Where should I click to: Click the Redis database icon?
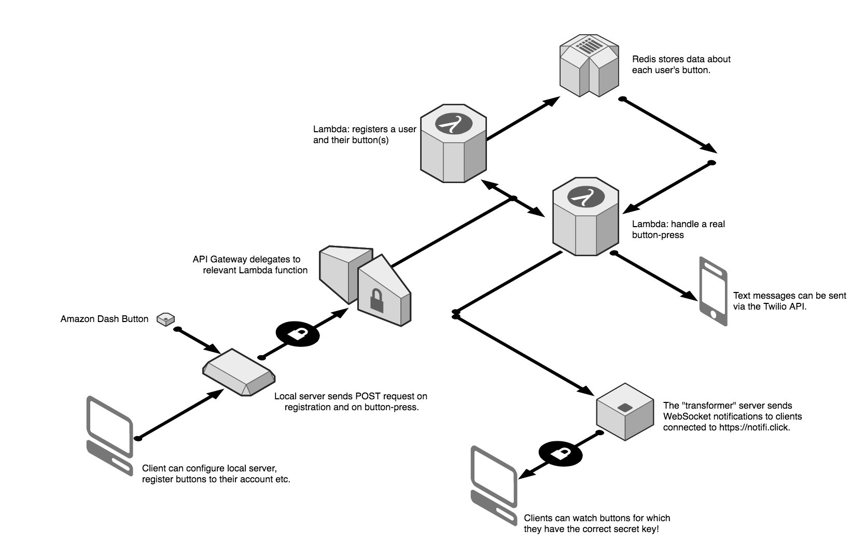[x=589, y=66]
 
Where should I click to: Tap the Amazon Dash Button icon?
[x=165, y=319]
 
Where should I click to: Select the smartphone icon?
[x=714, y=291]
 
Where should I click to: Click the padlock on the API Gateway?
[x=376, y=300]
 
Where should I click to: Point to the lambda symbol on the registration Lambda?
[x=454, y=124]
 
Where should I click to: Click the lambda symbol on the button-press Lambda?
[x=585, y=197]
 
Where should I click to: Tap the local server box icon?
[x=239, y=372]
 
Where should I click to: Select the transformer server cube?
[x=625, y=411]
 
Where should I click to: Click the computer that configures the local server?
[x=110, y=436]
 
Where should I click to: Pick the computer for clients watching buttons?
[x=494, y=485]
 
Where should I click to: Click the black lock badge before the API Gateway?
[x=298, y=334]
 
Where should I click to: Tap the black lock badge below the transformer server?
[x=561, y=454]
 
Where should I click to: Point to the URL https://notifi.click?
[x=755, y=427]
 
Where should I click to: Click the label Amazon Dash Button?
[x=104, y=319]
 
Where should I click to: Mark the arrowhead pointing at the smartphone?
[x=690, y=295]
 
